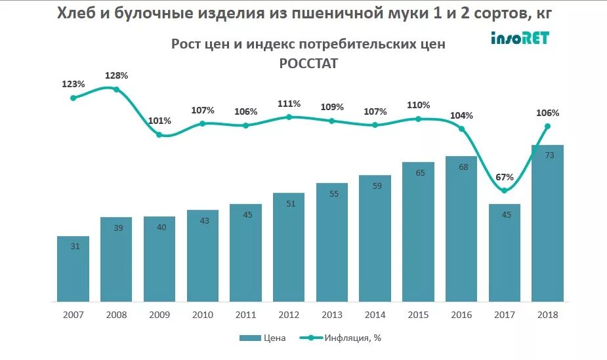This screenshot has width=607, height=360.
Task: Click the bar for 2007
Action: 73,269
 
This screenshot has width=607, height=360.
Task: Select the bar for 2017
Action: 505,252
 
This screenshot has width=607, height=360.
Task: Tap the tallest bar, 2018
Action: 548,223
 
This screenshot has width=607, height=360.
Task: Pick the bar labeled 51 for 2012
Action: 289,247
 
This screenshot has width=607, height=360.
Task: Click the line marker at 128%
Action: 117,89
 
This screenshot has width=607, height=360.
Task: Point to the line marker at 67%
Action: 504,191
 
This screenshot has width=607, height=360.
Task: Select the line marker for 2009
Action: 159,134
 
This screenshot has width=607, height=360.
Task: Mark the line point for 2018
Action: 547,127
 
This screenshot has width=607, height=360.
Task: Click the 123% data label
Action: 73,84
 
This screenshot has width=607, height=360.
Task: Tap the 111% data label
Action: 289,104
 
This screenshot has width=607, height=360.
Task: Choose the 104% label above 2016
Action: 461,115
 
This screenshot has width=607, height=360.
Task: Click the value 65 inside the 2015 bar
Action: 419,173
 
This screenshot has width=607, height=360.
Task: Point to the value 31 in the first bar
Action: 73,247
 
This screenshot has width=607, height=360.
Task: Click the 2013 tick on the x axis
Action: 332,315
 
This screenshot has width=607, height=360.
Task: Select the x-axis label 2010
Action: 203,315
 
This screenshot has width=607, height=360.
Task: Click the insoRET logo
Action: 520,38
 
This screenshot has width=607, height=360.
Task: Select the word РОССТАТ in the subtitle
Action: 308,63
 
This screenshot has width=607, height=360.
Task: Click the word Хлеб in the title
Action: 79,13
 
